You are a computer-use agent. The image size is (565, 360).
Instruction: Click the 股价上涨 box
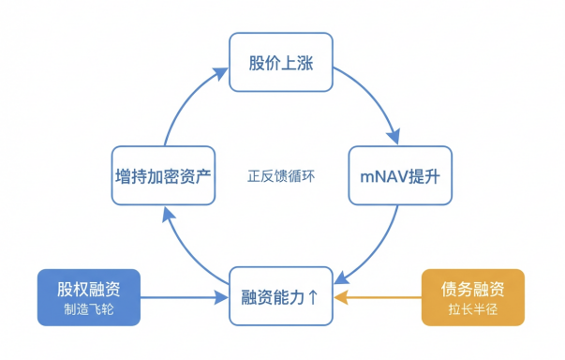pos(282,63)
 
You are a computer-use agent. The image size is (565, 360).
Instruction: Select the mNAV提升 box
pos(401,174)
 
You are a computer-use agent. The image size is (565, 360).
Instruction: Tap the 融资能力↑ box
pos(282,297)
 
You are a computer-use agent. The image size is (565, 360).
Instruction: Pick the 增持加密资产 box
pos(164,174)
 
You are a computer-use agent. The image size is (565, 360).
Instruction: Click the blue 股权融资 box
pos(90,297)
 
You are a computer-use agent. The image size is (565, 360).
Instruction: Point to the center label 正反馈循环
pos(282,175)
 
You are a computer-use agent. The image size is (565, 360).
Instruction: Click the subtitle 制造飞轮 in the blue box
pos(90,309)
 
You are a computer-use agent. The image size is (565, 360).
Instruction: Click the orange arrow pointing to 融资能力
pos(379,298)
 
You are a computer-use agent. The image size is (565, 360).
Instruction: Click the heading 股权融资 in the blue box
pos(90,287)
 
